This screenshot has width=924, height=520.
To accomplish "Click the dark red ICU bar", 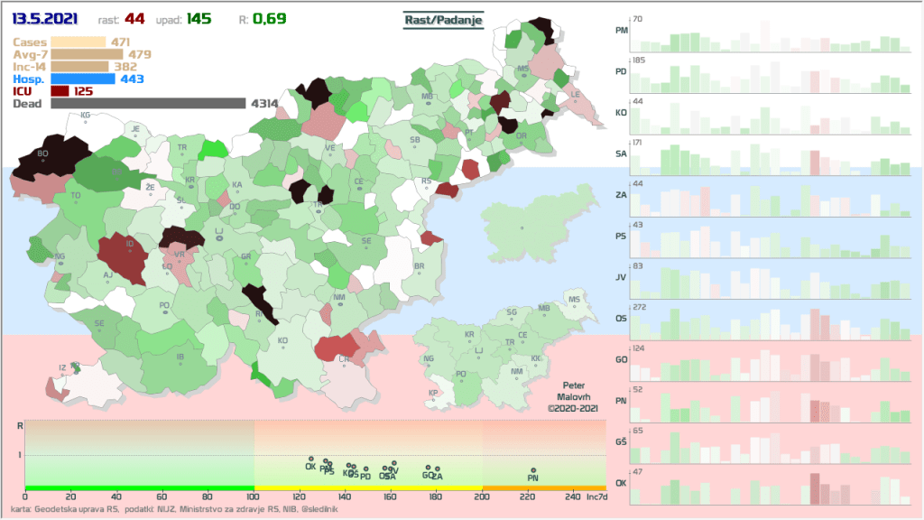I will click(60, 91).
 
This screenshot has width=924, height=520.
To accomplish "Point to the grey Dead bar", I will click(148, 104).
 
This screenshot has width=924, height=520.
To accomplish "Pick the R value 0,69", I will click(270, 19).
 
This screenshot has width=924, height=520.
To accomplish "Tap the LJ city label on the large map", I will click(218, 231).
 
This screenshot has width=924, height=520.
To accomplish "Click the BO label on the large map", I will click(42, 153).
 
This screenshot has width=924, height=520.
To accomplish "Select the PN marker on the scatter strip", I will click(533, 478).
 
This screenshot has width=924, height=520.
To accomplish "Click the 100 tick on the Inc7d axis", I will click(254, 496).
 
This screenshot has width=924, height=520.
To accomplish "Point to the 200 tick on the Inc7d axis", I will click(482, 496).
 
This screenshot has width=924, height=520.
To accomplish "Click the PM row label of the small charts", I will click(621, 30).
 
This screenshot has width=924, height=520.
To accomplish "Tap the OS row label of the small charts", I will click(621, 318).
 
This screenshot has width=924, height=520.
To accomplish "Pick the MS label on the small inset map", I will click(574, 298).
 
